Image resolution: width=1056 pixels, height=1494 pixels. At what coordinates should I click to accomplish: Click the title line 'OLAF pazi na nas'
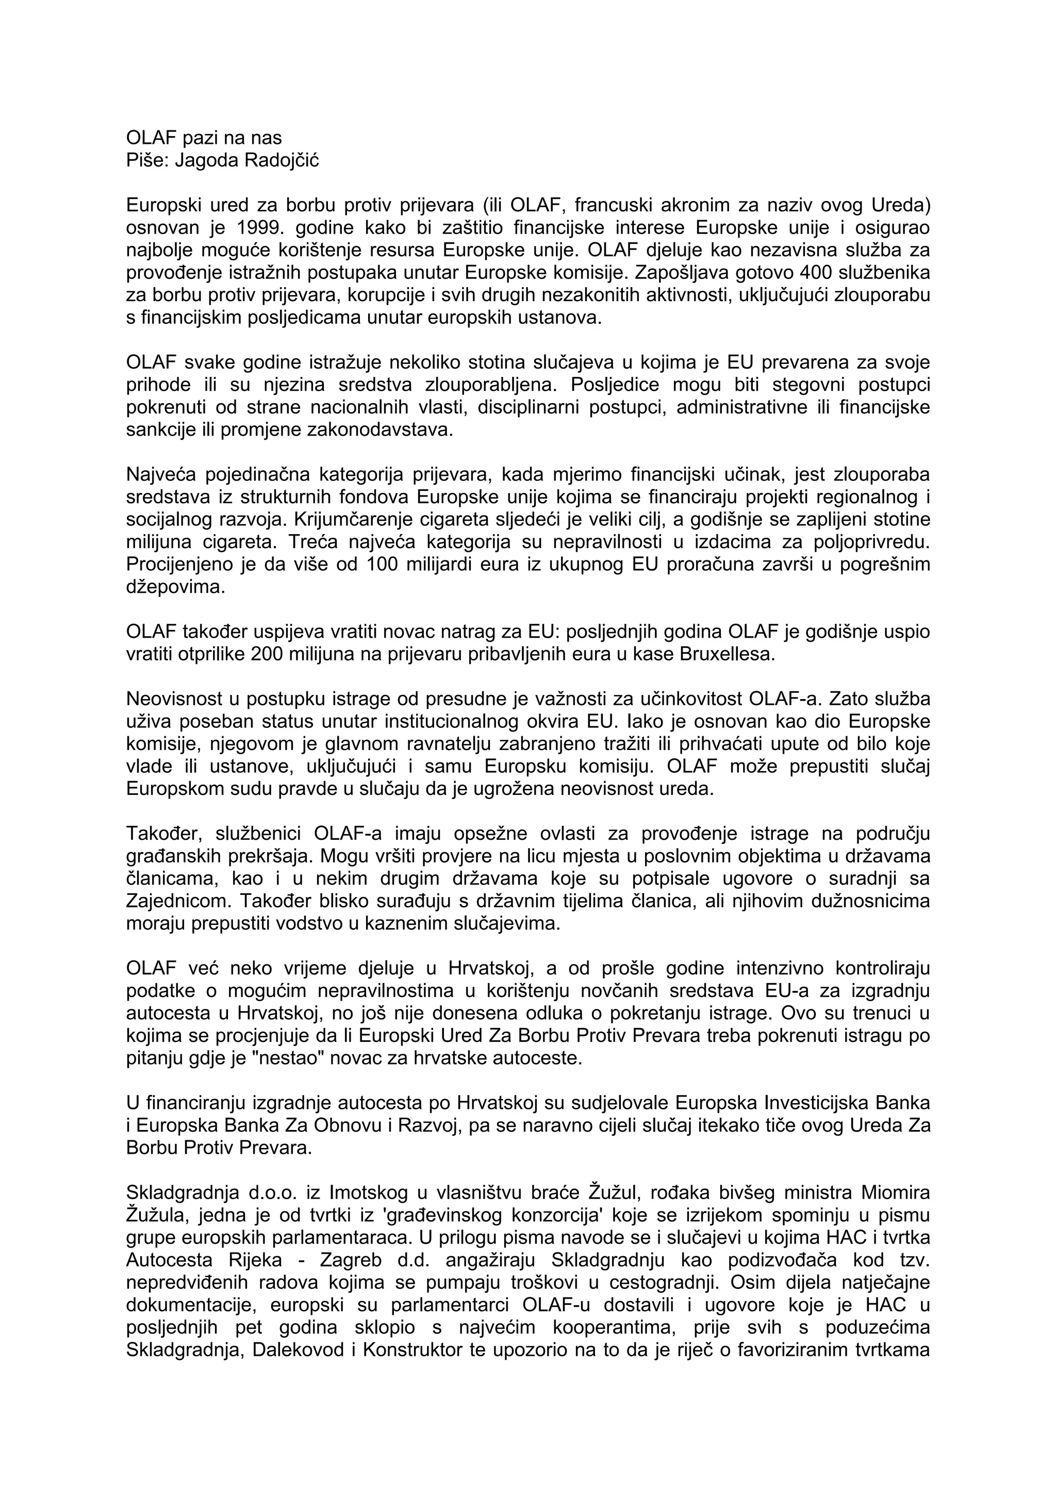(x=204, y=138)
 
